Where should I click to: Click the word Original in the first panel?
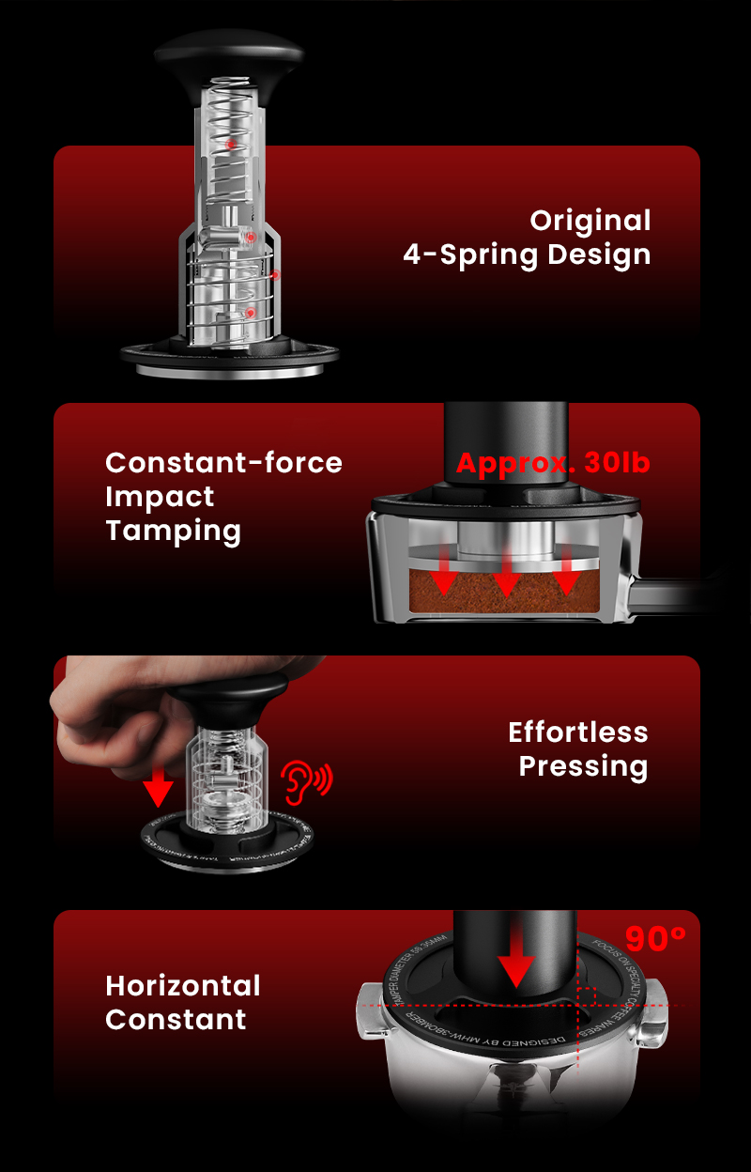[x=590, y=221]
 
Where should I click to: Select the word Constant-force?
[x=223, y=462]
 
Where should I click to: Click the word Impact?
[x=160, y=497]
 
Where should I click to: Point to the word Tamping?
[x=173, y=531]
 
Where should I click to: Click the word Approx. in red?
[x=515, y=463]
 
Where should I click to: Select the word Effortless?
[x=577, y=732]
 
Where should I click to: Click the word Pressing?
[x=583, y=766]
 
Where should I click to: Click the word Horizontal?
[x=183, y=986]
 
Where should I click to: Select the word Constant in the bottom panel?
[x=176, y=1020]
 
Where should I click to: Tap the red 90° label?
[x=655, y=938]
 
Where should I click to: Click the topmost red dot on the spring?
[x=229, y=144]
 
